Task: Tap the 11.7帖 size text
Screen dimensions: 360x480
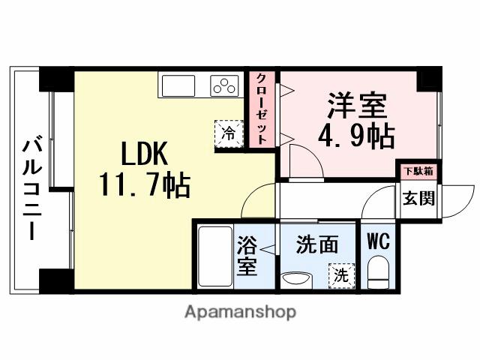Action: pyautogui.click(x=144, y=184)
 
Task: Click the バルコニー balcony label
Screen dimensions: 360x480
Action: pyautogui.click(x=31, y=187)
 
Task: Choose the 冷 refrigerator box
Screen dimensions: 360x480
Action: pyautogui.click(x=228, y=133)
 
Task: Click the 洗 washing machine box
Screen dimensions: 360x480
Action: pyautogui.click(x=341, y=275)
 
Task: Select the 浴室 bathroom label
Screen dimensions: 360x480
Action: pyautogui.click(x=247, y=255)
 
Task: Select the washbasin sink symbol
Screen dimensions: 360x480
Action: pyautogui.click(x=295, y=280)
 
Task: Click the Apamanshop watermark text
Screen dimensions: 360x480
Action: pyautogui.click(x=240, y=311)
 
